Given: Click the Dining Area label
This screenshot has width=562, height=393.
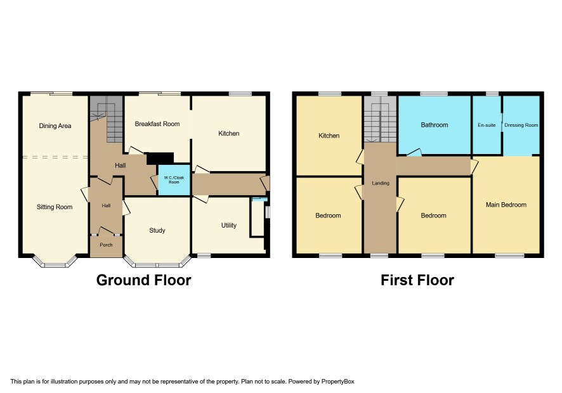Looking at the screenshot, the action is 55,126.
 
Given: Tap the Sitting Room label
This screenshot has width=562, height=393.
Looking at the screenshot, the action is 55,207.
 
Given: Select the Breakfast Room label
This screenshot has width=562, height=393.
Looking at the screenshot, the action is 157,124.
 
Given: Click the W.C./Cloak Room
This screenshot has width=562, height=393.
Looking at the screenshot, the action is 174,180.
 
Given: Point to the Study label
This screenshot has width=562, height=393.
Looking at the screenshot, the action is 157,230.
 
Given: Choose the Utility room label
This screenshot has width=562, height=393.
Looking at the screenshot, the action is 229,225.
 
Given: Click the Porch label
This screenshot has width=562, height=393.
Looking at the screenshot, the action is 106,245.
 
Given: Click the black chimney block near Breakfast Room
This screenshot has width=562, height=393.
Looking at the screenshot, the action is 160,158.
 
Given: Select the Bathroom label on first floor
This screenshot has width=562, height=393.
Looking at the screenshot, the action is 435,125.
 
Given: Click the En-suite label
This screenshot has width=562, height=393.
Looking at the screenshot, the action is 487,125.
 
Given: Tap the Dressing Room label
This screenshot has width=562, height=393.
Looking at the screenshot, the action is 521,125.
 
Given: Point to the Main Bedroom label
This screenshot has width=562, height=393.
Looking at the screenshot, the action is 506,205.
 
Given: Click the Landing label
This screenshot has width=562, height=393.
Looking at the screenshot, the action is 381,183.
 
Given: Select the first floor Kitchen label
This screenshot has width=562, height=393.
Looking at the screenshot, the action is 329,136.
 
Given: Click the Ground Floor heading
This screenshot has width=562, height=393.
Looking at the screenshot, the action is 144,280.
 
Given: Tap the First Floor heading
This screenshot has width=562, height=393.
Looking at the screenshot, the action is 417,280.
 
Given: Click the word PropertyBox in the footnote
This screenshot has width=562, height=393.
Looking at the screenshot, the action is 337,382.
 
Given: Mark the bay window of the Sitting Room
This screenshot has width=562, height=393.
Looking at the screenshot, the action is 55,262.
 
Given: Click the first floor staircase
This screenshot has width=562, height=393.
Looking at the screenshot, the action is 381,119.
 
